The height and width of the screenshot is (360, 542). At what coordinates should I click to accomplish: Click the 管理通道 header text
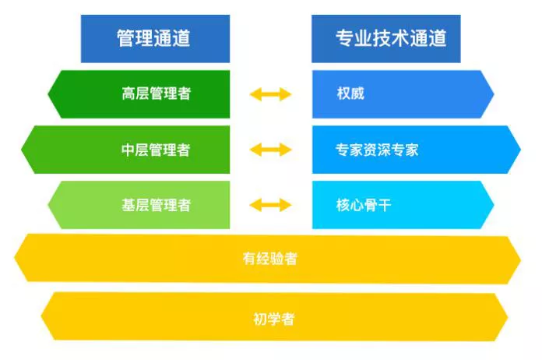click(x=153, y=38)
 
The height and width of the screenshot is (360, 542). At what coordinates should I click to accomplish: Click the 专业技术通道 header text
click(x=391, y=38)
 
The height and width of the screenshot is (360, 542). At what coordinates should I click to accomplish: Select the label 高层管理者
click(x=157, y=94)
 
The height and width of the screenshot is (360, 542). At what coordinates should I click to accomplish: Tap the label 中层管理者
click(x=156, y=150)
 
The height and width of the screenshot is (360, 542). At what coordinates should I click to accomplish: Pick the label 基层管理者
click(x=157, y=205)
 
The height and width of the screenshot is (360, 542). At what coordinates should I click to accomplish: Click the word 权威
click(x=350, y=94)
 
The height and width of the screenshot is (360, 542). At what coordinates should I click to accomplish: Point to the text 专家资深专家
click(x=377, y=150)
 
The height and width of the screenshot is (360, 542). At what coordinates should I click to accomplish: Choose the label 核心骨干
click(x=364, y=205)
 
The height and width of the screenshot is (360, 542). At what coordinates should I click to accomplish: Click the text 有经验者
click(x=270, y=259)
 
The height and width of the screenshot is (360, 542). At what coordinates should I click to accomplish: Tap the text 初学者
click(x=274, y=319)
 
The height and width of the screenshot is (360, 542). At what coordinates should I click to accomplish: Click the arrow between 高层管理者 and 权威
click(x=271, y=94)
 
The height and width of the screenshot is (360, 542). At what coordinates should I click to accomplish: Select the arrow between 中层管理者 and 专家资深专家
click(x=271, y=150)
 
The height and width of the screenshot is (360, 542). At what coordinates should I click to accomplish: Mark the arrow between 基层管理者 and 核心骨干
click(x=271, y=205)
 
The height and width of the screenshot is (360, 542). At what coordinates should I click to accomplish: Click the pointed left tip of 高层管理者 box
click(x=48, y=94)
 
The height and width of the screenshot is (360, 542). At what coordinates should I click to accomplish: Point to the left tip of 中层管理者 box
click(x=21, y=150)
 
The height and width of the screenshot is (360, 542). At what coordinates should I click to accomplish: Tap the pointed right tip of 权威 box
click(x=494, y=94)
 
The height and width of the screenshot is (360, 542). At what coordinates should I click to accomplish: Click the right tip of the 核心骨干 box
click(x=494, y=205)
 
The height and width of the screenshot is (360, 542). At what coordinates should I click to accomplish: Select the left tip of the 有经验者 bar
click(x=14, y=258)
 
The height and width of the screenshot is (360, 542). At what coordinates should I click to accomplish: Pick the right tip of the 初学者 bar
click(x=508, y=317)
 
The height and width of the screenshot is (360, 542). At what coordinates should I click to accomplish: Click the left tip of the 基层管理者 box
click(x=48, y=205)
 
